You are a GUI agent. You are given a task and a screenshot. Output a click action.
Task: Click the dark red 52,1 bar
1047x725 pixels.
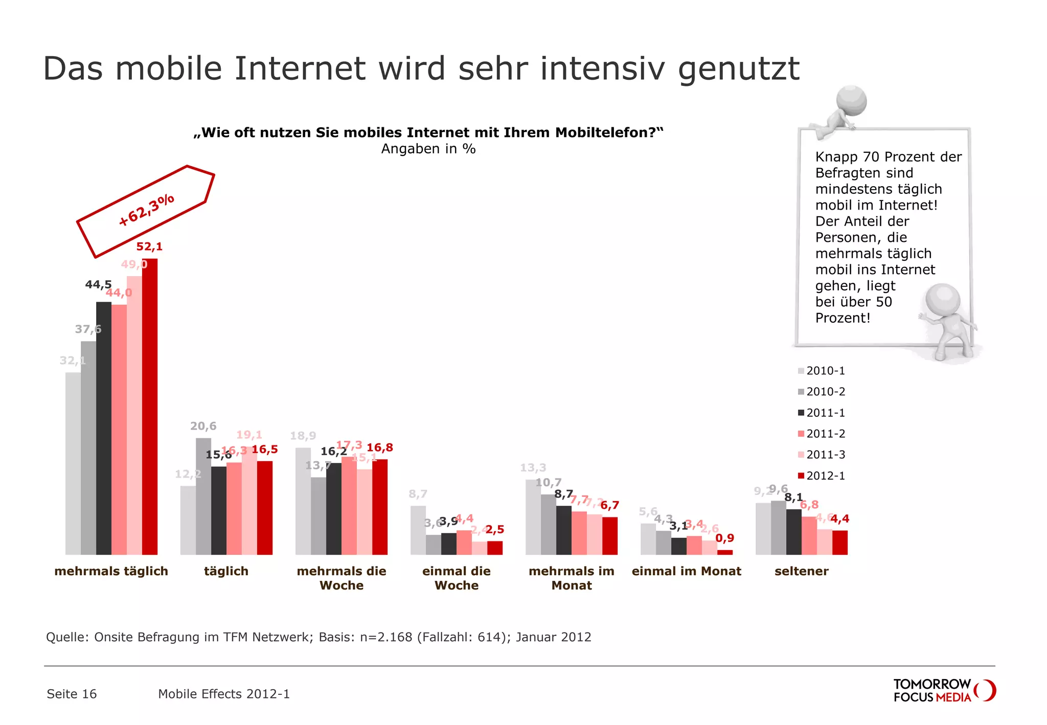click(150, 406)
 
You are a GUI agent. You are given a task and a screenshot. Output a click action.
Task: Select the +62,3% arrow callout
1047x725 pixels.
click(146, 211)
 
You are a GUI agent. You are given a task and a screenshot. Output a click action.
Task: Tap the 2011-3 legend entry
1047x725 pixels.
click(822, 455)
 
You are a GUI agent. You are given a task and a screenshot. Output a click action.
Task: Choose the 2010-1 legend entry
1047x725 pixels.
click(822, 371)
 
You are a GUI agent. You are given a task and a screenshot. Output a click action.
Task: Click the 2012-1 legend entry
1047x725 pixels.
click(822, 475)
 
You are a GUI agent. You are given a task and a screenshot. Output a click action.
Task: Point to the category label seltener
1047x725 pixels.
click(801, 571)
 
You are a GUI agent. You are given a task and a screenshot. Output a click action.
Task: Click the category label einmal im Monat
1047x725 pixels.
click(686, 571)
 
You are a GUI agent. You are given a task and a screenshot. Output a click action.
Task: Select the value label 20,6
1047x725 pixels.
click(203, 426)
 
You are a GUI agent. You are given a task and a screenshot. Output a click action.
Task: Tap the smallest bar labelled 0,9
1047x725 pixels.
click(725, 552)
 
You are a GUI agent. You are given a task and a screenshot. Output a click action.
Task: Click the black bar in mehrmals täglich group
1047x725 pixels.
click(104, 428)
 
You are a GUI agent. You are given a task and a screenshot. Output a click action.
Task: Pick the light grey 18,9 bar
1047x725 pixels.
click(303, 501)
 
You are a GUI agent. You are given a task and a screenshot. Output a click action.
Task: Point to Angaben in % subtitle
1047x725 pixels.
click(428, 149)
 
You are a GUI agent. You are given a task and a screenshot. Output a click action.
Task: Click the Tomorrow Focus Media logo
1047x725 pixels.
click(944, 690)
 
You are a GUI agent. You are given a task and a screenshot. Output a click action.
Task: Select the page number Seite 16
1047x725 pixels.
click(72, 694)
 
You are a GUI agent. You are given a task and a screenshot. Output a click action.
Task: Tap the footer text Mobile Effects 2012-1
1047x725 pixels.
click(224, 694)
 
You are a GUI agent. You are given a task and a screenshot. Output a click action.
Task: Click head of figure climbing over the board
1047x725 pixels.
click(851, 100)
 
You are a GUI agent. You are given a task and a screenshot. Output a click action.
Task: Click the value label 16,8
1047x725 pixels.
click(380, 447)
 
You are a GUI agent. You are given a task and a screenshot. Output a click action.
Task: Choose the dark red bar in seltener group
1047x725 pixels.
click(840, 542)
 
